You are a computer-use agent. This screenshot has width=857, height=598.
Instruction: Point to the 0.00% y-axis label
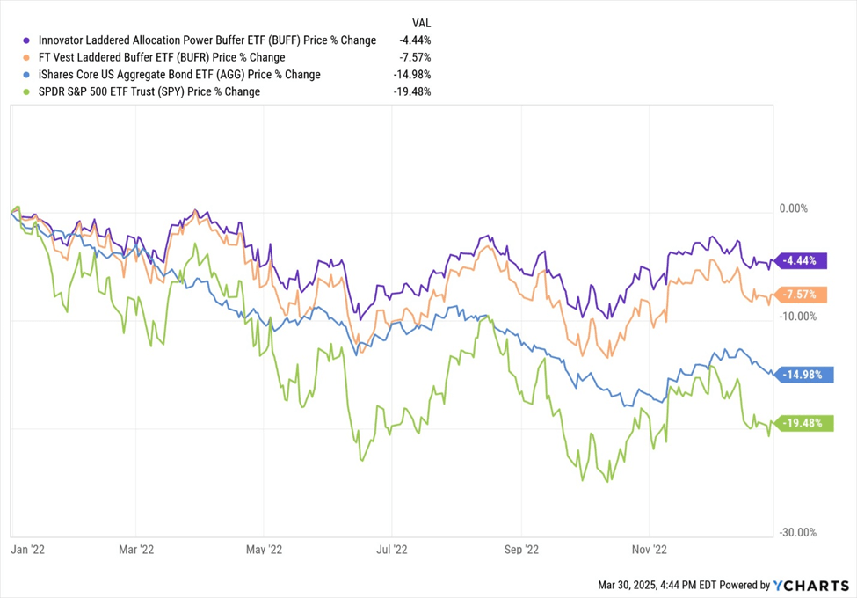point(794,209)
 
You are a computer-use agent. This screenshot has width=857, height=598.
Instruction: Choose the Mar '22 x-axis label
point(136,549)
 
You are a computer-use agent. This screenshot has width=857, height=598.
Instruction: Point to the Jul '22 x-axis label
point(391,549)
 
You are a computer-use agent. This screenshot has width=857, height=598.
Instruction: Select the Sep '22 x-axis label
point(520,549)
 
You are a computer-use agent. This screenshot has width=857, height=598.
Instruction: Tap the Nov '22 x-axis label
point(648,549)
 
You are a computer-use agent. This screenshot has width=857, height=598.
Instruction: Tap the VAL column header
point(421,22)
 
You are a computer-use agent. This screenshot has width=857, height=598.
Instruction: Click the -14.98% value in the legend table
point(412,75)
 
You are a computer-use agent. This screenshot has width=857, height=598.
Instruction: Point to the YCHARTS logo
point(810,585)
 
